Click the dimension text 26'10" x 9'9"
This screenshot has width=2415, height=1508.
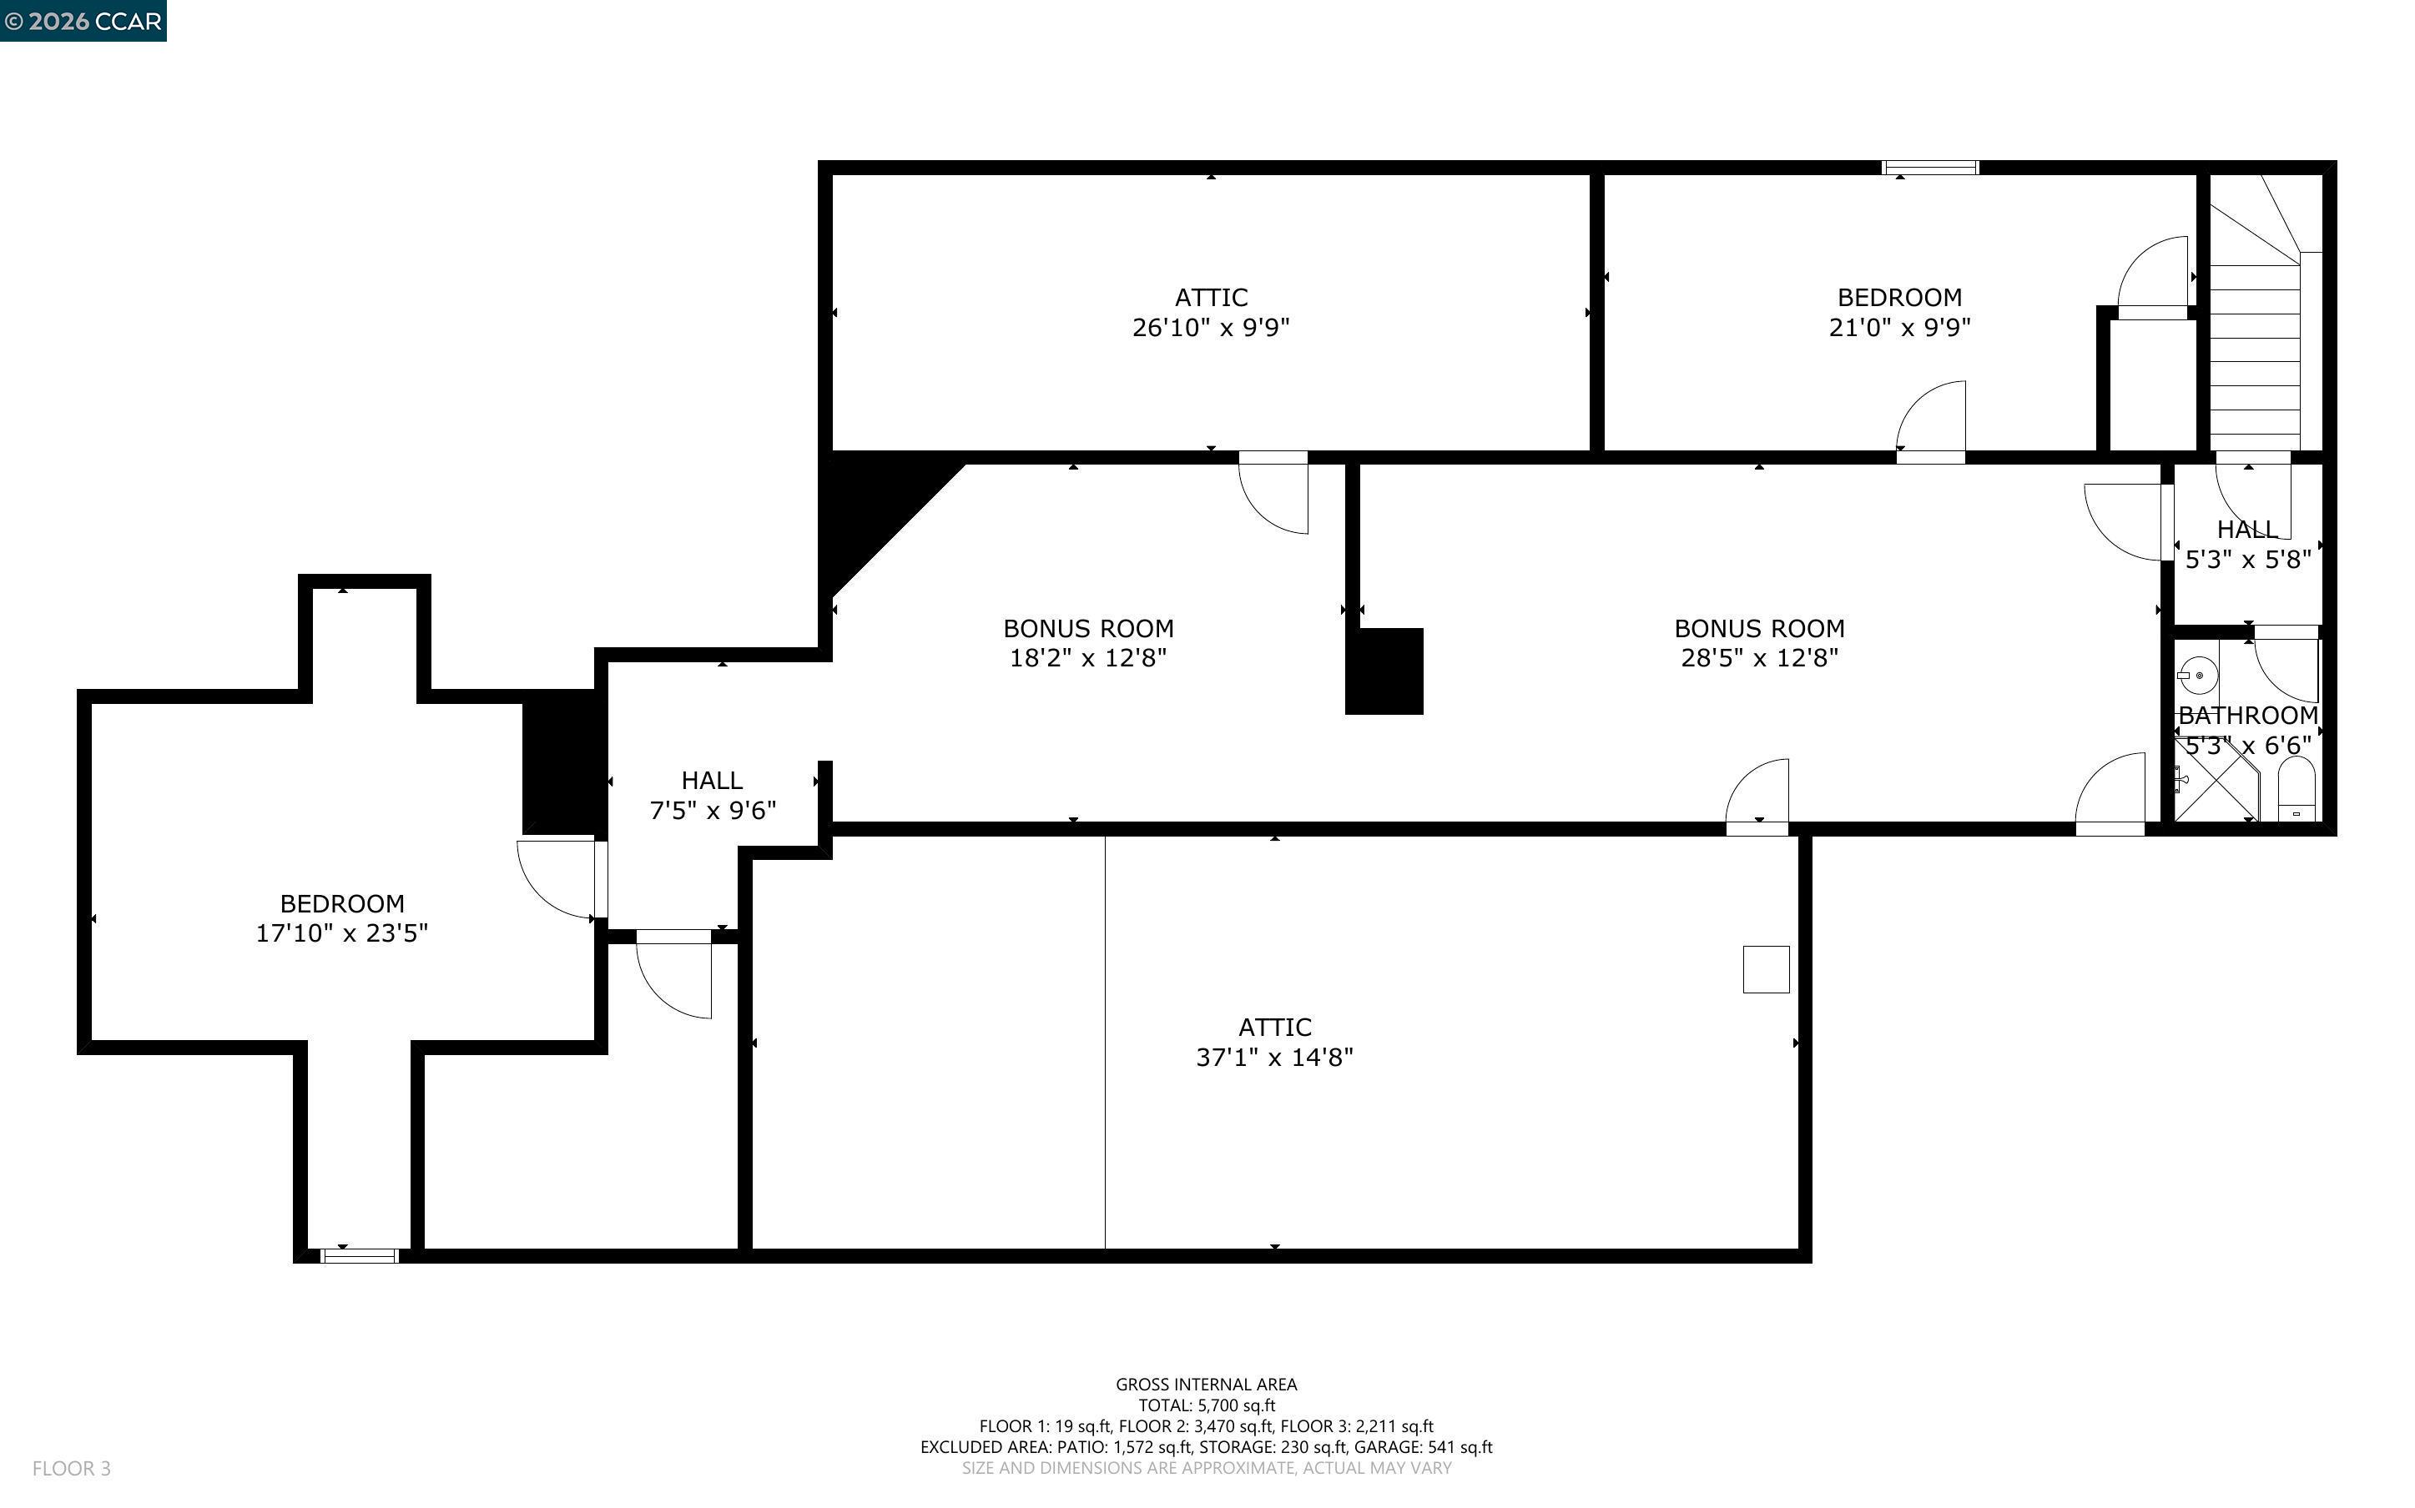(1211, 327)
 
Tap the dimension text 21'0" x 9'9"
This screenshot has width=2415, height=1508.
(1899, 327)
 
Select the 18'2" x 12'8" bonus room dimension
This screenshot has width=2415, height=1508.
(1088, 657)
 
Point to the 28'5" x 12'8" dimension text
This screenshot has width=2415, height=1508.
(1760, 657)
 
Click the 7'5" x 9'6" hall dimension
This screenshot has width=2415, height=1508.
(712, 810)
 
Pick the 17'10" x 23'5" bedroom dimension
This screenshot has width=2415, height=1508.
(342, 932)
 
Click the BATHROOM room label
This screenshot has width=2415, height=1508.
(2248, 715)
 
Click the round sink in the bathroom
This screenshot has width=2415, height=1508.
(2197, 676)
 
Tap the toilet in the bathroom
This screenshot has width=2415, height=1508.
(2297, 789)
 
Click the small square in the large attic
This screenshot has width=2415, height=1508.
(1766, 968)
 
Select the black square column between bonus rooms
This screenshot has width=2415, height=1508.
(1384, 671)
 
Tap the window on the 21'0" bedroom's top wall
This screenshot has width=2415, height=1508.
(1930, 168)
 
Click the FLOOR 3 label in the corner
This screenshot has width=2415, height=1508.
(72, 1468)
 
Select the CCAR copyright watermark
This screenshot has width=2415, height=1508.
(83, 21)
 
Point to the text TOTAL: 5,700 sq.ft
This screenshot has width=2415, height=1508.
(1207, 1405)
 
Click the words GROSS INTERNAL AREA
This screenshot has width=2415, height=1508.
(1206, 1385)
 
